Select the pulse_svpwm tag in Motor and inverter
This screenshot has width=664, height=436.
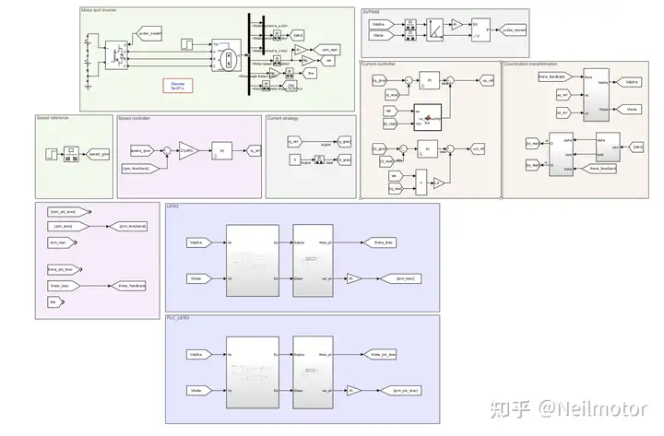pos(148,33)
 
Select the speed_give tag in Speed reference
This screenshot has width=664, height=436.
pos(98,154)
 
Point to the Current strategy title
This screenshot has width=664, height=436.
pos(283,118)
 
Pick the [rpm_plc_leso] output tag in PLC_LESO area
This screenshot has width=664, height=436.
pos(407,390)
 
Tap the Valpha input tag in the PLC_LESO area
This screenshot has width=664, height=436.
pos(196,354)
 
